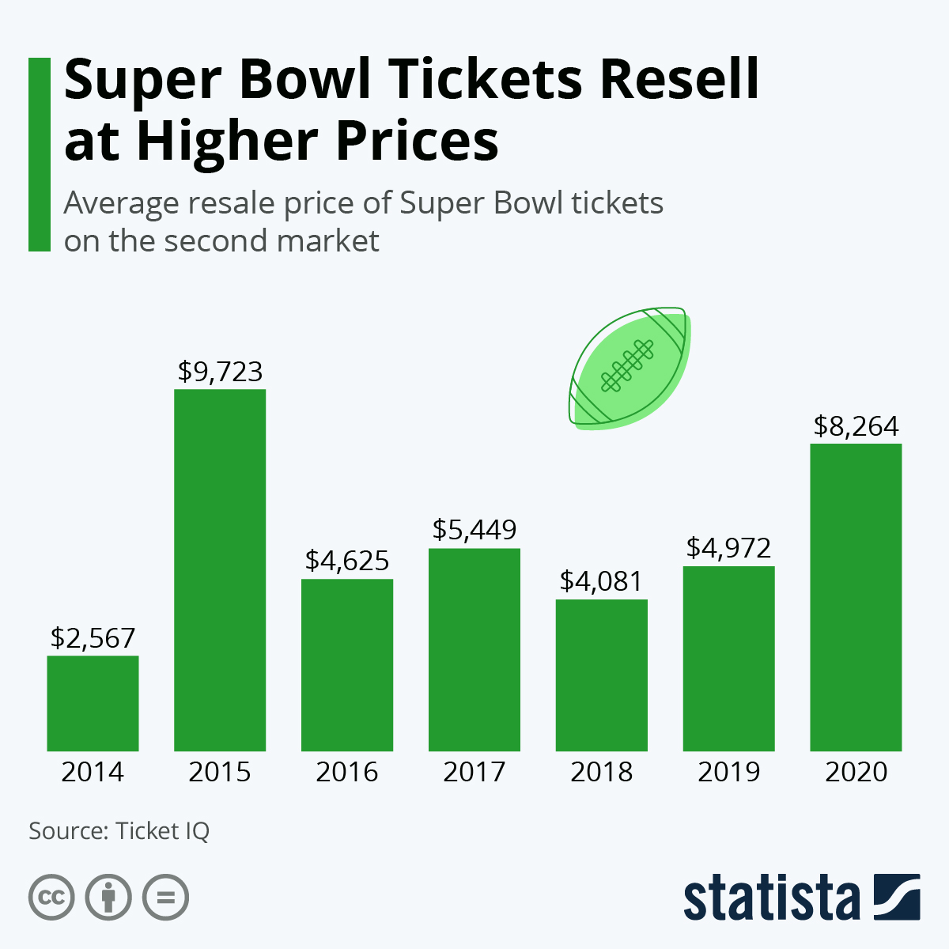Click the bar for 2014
(93, 703)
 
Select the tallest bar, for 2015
(220, 569)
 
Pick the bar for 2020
(856, 597)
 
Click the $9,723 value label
(220, 372)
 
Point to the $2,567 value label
(93, 638)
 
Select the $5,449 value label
(474, 530)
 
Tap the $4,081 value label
(601, 581)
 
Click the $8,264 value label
(856, 427)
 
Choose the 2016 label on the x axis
(347, 772)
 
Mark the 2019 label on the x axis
(728, 772)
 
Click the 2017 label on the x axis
(474, 772)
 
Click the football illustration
(630, 367)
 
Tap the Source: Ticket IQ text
(119, 831)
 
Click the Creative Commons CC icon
(51, 898)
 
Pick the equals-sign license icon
(165, 898)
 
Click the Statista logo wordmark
(771, 898)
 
